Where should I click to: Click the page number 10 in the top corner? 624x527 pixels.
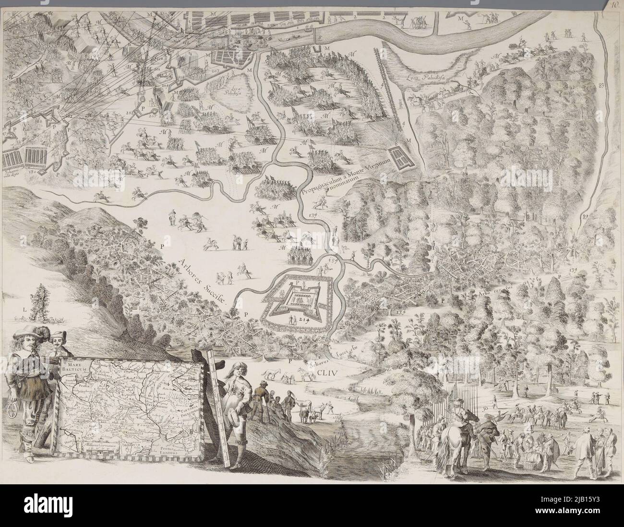[615, 6]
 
